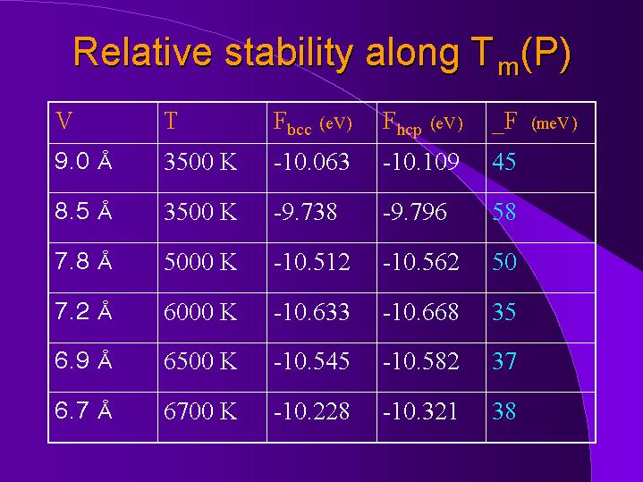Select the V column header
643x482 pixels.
pyautogui.click(x=63, y=122)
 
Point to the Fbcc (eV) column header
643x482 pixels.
pyautogui.click(x=312, y=123)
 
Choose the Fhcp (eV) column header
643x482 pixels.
pyautogui.click(x=422, y=123)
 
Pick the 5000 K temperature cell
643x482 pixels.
pyautogui.click(x=200, y=262)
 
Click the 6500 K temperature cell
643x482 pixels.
pyautogui.click(x=200, y=361)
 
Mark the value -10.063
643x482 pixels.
pyautogui.click(x=309, y=162)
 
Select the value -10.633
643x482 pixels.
pyautogui.click(x=309, y=312)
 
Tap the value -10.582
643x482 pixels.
pyautogui.click(x=420, y=361)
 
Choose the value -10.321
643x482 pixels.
pyautogui.click(x=420, y=411)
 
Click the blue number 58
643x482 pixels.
pyautogui.click(x=504, y=212)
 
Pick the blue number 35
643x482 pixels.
pyautogui.click(x=504, y=312)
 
